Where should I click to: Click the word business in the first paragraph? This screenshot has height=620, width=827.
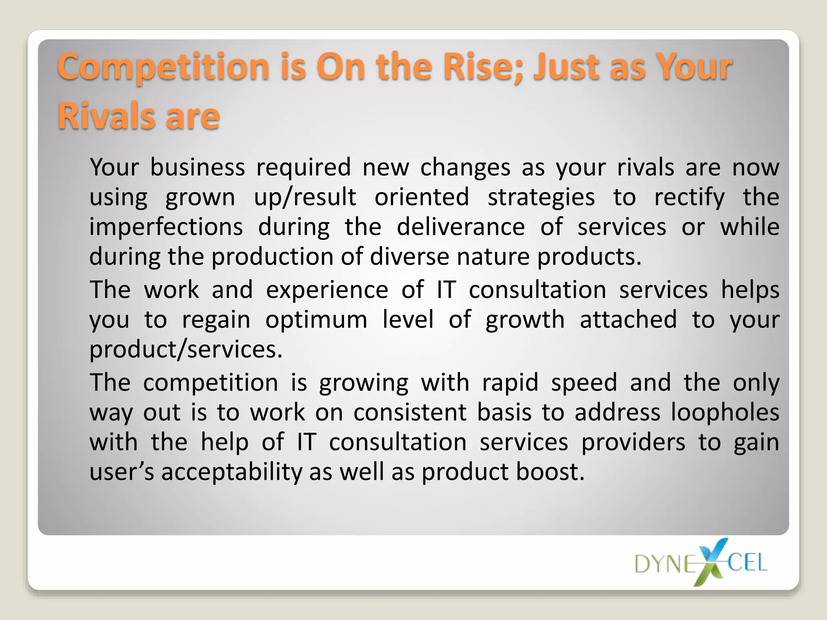point(197,167)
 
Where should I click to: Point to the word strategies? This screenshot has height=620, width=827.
point(541,198)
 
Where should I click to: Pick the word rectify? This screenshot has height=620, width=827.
point(689,198)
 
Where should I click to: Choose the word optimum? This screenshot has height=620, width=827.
point(316,320)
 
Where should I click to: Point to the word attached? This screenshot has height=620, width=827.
point(628,320)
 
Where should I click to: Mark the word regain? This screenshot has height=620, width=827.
point(216,320)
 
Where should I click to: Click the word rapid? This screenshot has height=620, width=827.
point(510,383)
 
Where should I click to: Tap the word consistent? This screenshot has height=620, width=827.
point(410,413)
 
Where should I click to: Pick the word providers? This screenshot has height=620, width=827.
point(633,442)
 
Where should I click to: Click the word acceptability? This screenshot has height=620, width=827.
point(232,472)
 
